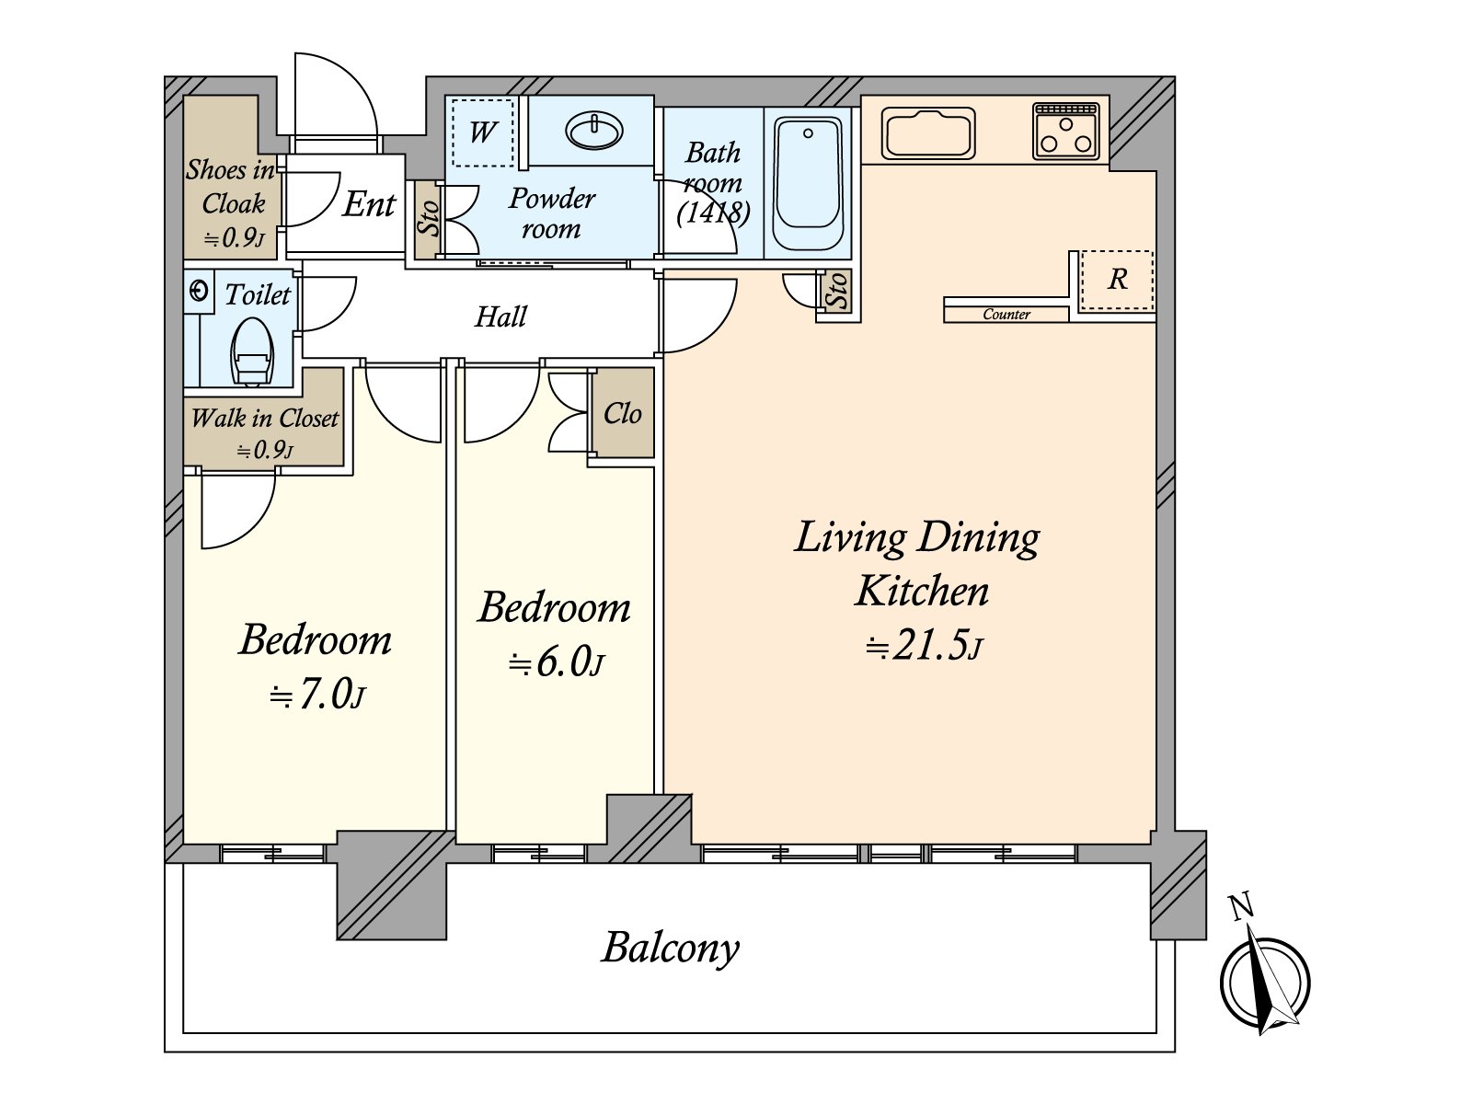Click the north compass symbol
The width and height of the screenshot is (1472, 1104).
(x=1265, y=982)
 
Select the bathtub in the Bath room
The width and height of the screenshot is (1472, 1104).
(x=808, y=183)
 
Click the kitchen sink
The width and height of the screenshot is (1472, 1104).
(x=928, y=133)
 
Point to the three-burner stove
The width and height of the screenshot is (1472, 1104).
(x=1065, y=131)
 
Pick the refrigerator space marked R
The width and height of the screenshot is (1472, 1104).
(x=1117, y=280)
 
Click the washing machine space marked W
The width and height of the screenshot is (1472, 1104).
(x=482, y=132)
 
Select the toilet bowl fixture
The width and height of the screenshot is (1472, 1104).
(x=251, y=350)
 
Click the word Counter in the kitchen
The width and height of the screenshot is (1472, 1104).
(x=1006, y=314)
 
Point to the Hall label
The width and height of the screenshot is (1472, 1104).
(x=500, y=316)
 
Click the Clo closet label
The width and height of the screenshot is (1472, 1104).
(x=622, y=414)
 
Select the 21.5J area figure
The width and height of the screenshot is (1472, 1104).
(x=924, y=647)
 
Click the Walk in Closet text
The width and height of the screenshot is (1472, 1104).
(x=264, y=419)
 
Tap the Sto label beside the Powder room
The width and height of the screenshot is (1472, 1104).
(x=428, y=219)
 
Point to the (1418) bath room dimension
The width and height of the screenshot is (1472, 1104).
(x=714, y=213)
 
